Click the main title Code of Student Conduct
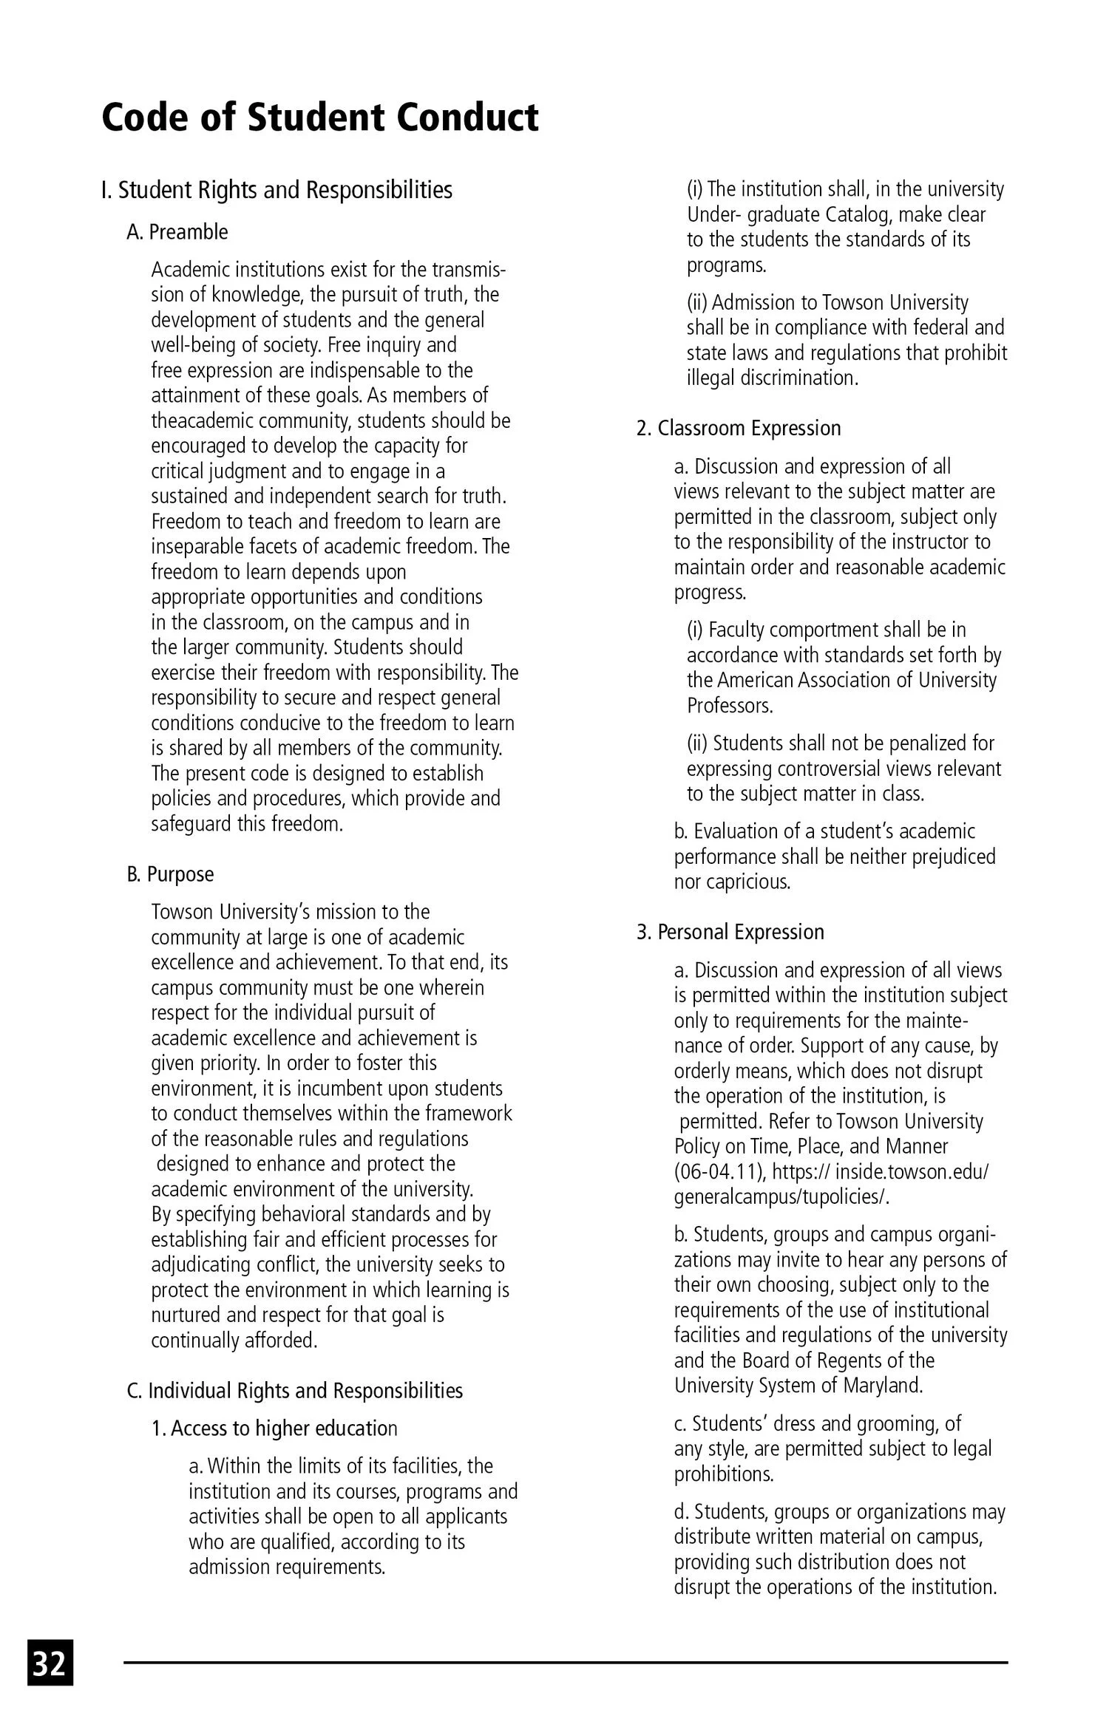point(319,118)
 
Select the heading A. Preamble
point(177,232)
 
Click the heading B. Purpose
point(171,874)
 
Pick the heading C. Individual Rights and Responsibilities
point(295,1391)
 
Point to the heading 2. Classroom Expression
point(739,429)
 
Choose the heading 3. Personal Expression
point(730,932)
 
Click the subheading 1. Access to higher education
point(274,1428)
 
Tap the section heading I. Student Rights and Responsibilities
point(277,190)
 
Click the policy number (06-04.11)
point(714,1172)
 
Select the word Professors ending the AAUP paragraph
point(729,706)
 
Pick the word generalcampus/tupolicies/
point(781,1197)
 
